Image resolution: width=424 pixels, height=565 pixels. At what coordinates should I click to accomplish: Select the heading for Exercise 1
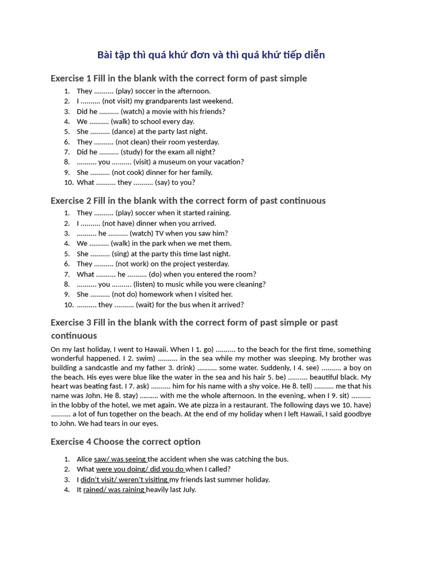[178, 78]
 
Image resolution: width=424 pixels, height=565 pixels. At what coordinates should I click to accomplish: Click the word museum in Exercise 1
[173, 162]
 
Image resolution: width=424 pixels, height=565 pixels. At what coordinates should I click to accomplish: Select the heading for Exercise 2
[188, 200]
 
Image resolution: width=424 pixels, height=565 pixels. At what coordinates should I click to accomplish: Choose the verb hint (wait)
[126, 305]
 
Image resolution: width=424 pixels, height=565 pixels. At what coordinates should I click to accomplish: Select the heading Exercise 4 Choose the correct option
[125, 441]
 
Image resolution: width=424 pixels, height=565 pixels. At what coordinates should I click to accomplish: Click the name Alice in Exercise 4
[84, 459]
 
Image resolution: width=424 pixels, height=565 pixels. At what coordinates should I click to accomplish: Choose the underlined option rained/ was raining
[114, 489]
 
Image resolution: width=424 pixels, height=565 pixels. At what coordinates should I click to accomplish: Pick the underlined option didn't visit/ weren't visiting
[125, 479]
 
